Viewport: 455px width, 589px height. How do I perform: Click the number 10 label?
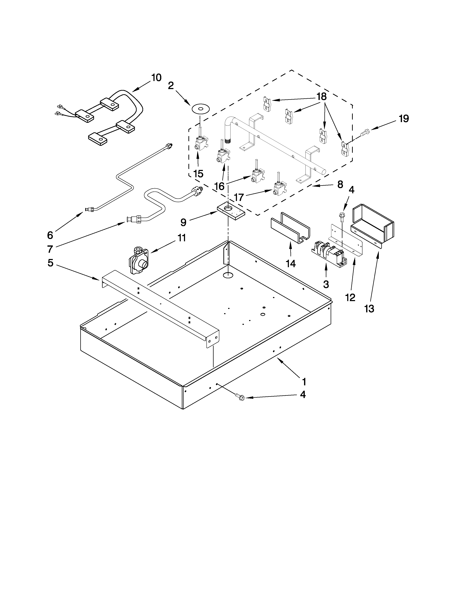[x=156, y=78]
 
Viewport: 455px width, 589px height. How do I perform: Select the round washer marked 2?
[x=200, y=109]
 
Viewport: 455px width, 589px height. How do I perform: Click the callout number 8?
[x=340, y=185]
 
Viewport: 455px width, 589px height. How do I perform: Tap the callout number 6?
[x=50, y=235]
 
